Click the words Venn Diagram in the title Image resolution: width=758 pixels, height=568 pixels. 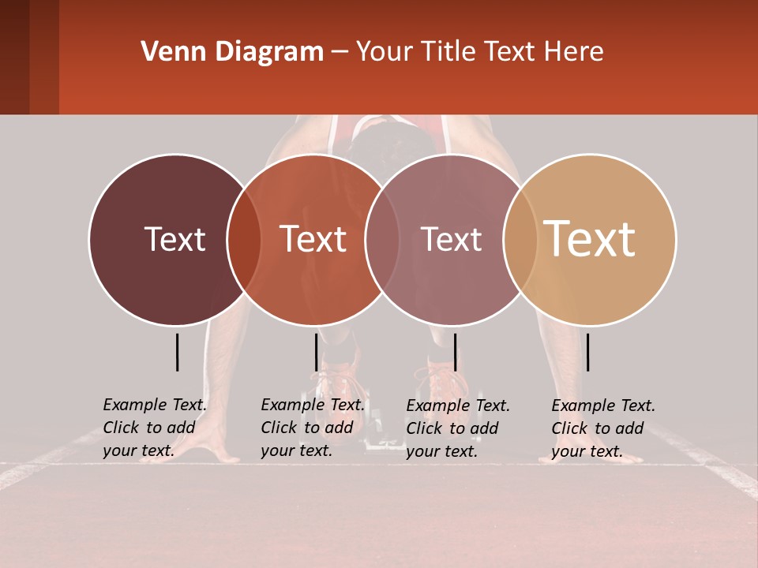pos(232,52)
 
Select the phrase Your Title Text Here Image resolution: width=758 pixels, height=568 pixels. pos(479,52)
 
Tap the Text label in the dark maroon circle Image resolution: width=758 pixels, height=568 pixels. pos(174,239)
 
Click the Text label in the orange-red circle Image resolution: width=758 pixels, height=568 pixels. pos(313,239)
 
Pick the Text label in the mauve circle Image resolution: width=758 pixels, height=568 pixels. pos(451,239)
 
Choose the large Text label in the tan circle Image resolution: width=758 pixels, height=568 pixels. pos(590,238)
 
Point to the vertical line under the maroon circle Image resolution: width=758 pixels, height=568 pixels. pos(177,352)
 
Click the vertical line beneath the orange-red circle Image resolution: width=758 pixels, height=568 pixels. pos(316,352)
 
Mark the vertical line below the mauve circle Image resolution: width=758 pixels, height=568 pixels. pos(455,352)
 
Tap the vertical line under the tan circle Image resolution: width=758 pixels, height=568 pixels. pos(587,352)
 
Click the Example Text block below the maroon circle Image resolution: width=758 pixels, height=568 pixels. pos(154,428)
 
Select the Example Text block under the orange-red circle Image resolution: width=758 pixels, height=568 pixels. pos(312,428)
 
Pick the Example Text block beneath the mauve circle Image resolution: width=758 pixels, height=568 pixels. pos(458,428)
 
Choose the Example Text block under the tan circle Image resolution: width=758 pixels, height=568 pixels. pos(603,428)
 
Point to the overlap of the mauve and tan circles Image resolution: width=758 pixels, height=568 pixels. pos(516,239)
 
